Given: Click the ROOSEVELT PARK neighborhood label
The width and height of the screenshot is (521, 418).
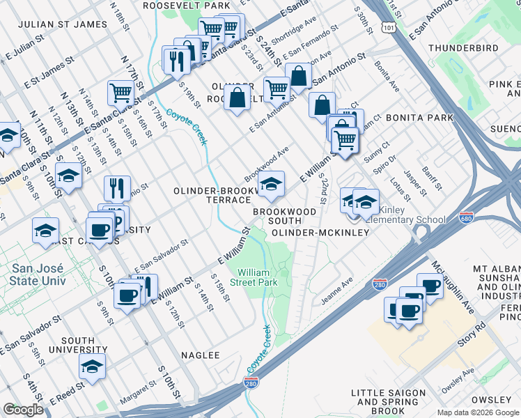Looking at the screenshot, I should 186,5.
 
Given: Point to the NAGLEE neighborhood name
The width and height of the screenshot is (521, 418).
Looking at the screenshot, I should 201,355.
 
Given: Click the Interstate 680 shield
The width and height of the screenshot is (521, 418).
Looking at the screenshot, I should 467,218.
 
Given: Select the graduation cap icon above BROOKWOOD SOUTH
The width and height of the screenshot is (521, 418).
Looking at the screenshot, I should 271,185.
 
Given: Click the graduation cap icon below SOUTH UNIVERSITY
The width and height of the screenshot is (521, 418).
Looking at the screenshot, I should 92,366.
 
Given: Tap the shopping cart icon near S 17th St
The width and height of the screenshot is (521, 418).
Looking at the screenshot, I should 121,92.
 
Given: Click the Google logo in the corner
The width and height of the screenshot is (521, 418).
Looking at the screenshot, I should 23,410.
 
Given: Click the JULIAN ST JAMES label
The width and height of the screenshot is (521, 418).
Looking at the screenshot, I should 63,24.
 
